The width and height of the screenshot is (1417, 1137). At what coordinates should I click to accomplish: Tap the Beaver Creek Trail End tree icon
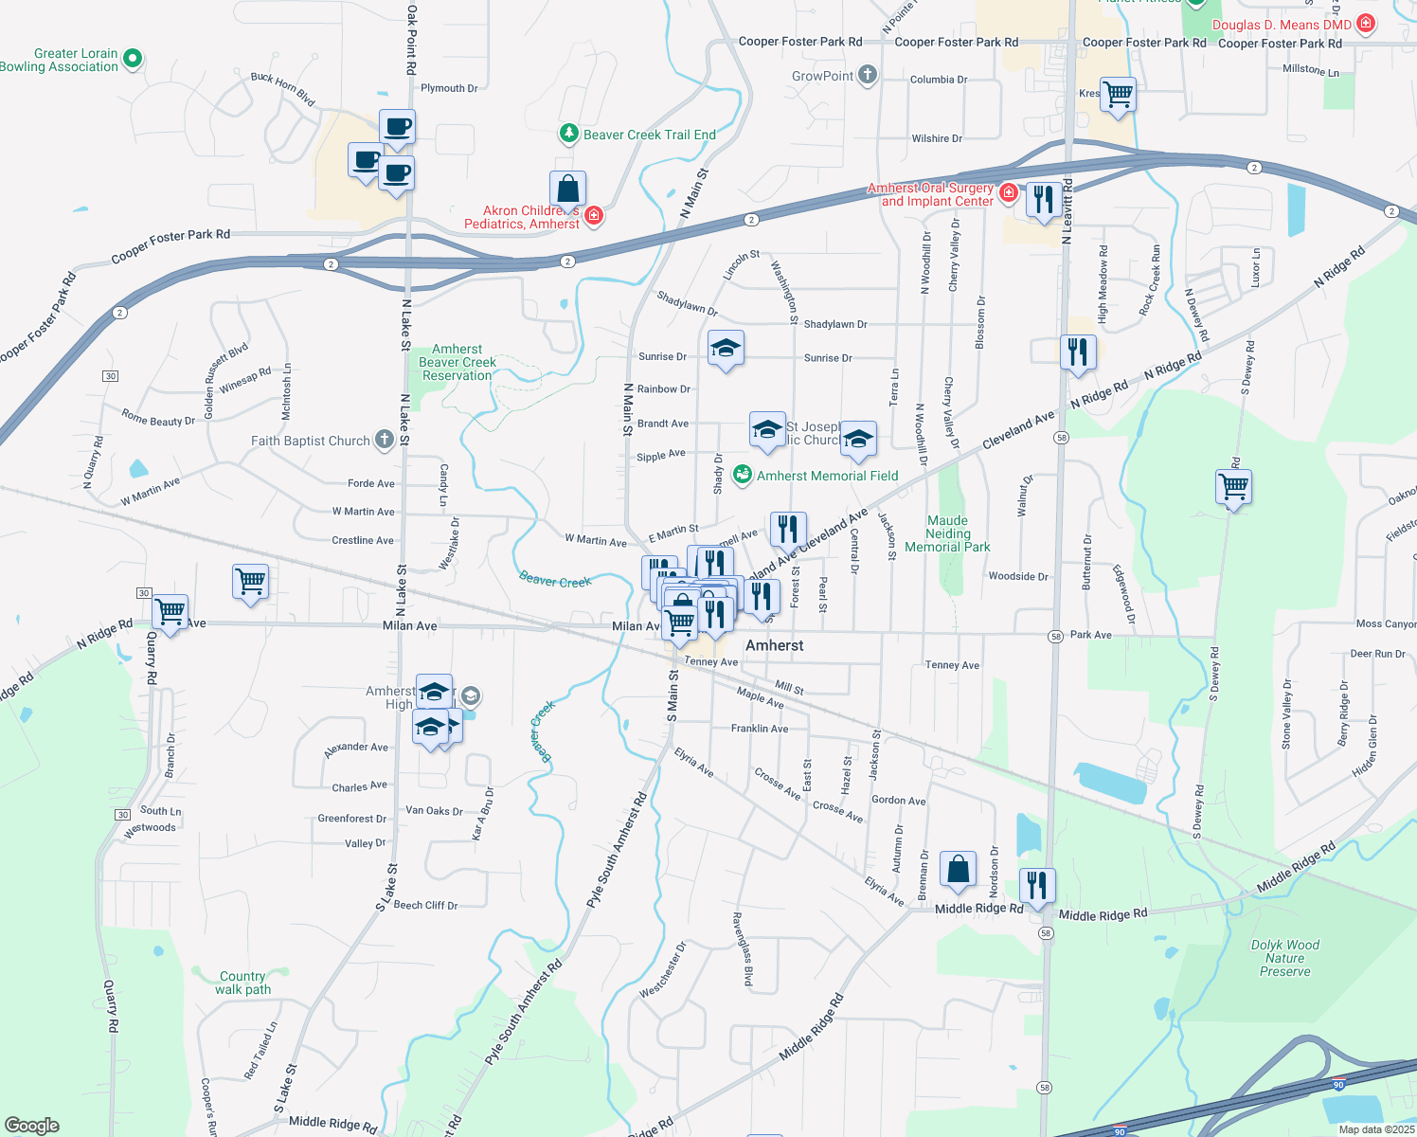[568, 134]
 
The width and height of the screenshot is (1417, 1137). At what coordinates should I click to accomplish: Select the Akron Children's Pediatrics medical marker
[594, 216]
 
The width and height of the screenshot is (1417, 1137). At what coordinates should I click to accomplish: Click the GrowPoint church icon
[867, 76]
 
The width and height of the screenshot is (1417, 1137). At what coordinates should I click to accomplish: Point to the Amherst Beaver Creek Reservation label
[457, 363]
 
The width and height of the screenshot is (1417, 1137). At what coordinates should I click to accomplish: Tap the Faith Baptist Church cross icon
[384, 440]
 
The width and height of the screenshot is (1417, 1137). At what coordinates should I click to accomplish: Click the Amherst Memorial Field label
[827, 476]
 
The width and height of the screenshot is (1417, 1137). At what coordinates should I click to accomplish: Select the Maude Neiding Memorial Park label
[947, 533]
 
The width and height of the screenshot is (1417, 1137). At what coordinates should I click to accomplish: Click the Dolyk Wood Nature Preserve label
[1284, 958]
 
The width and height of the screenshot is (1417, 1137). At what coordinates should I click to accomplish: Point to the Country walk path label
[242, 983]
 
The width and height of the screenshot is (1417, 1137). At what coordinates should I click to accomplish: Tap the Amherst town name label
[774, 645]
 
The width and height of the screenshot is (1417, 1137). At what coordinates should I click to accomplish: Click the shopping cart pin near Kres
[1118, 95]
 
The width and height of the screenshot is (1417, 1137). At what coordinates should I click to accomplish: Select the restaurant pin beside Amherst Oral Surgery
[1043, 200]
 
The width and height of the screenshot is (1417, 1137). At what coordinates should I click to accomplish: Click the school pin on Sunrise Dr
[726, 349]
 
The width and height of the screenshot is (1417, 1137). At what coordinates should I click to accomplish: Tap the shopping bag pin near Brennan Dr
[958, 869]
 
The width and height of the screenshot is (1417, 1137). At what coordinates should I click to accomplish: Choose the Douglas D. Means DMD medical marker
[1365, 24]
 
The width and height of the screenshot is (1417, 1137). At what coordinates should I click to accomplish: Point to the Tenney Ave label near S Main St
[710, 662]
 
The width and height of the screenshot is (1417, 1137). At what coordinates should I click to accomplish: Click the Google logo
[32, 1126]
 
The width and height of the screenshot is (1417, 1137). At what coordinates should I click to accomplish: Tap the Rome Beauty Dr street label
[157, 418]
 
